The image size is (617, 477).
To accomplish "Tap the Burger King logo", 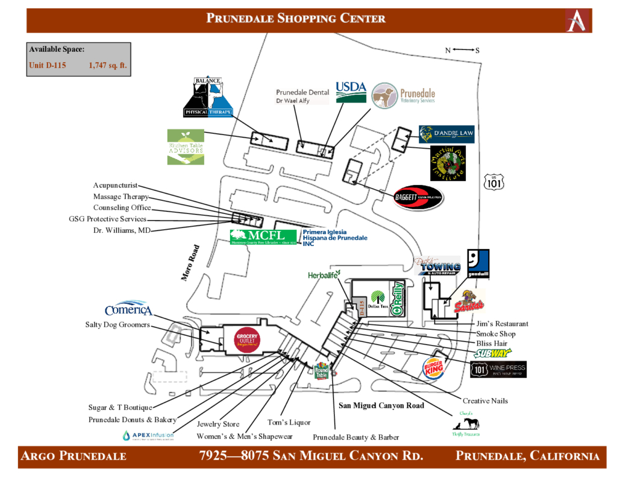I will click(434, 367).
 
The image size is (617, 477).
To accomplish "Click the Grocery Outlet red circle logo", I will click(246, 340).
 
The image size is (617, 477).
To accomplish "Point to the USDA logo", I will click(351, 92).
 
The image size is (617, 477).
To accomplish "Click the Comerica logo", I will click(128, 309).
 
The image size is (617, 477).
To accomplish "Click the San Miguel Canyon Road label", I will click(381, 405).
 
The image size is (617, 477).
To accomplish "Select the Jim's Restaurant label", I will click(502, 324).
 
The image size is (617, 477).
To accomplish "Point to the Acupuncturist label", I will click(115, 185).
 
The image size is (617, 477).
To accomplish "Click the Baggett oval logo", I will click(418, 197).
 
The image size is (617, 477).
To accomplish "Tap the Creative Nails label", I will click(485, 401).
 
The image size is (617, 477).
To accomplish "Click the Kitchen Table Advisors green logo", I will click(186, 147).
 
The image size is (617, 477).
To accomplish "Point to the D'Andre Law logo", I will click(446, 134).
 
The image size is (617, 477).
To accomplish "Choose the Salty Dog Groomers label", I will click(117, 325).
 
